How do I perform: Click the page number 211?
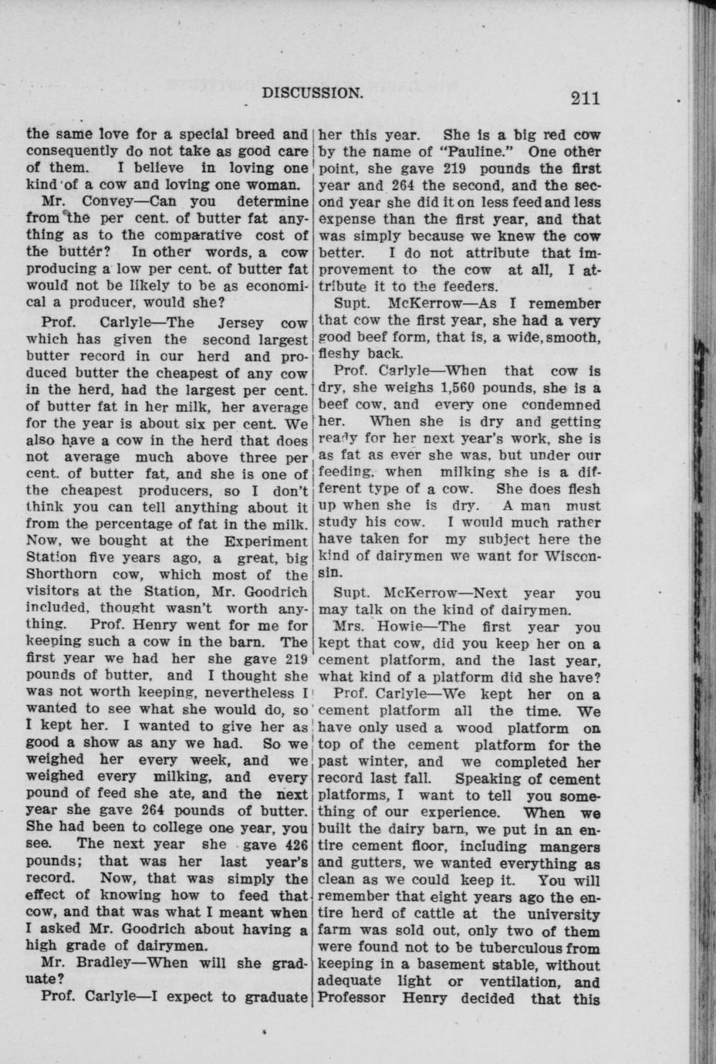point(586,97)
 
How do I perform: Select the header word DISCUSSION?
point(312,93)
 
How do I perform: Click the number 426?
point(292,843)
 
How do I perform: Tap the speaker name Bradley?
point(103,963)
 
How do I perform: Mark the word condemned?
point(561,404)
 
